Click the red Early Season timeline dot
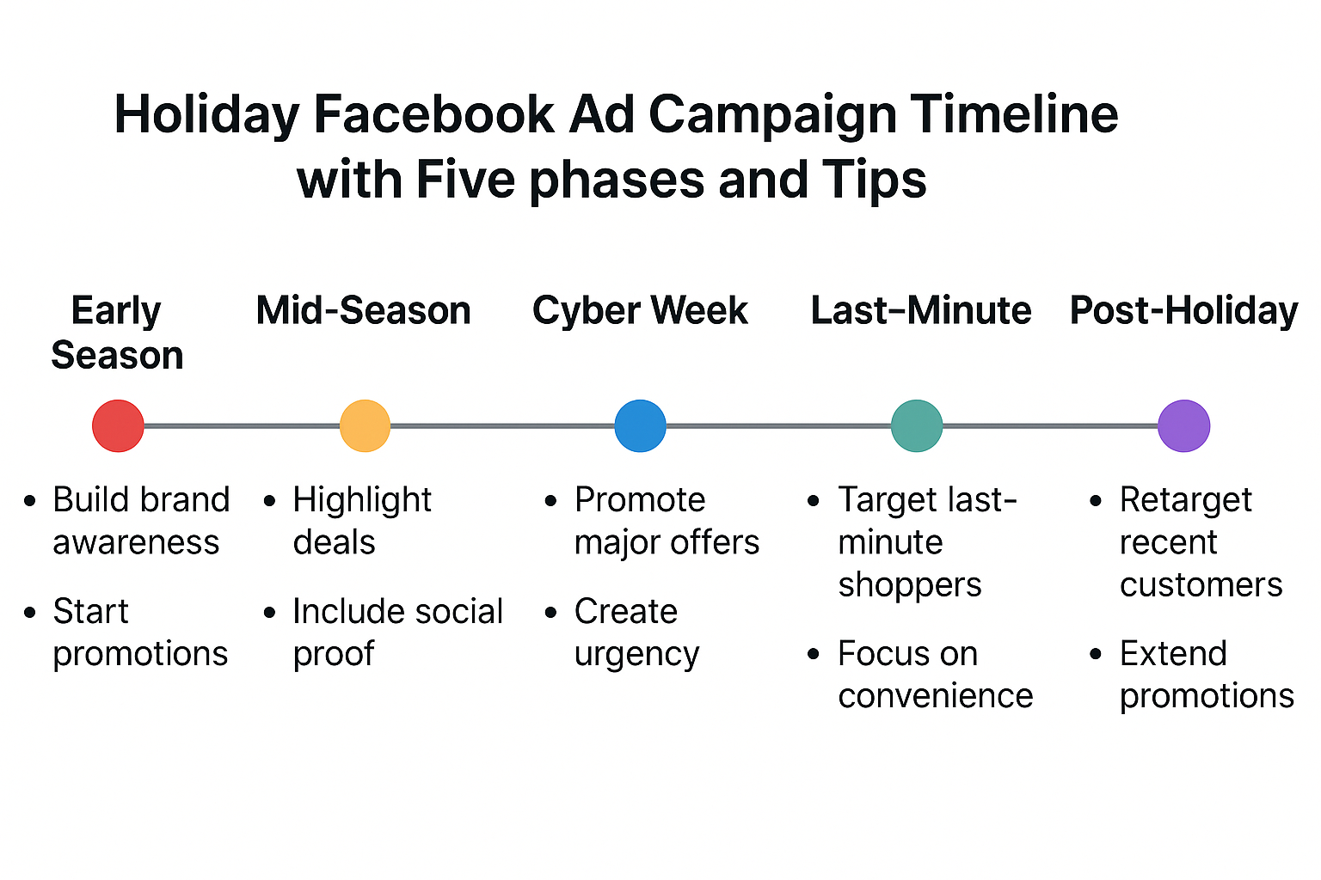118,425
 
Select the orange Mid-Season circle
365,425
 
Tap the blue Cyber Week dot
641,425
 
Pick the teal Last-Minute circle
917,425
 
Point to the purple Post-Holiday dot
1184,425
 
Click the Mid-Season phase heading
363,310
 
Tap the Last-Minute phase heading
921,310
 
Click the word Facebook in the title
434,114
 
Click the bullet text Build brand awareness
141,521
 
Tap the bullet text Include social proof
398,632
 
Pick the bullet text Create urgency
637,632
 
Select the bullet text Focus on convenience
936,675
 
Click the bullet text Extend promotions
1207,675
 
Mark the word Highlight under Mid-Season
362,501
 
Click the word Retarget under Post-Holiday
1185,501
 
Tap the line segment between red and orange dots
242,425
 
